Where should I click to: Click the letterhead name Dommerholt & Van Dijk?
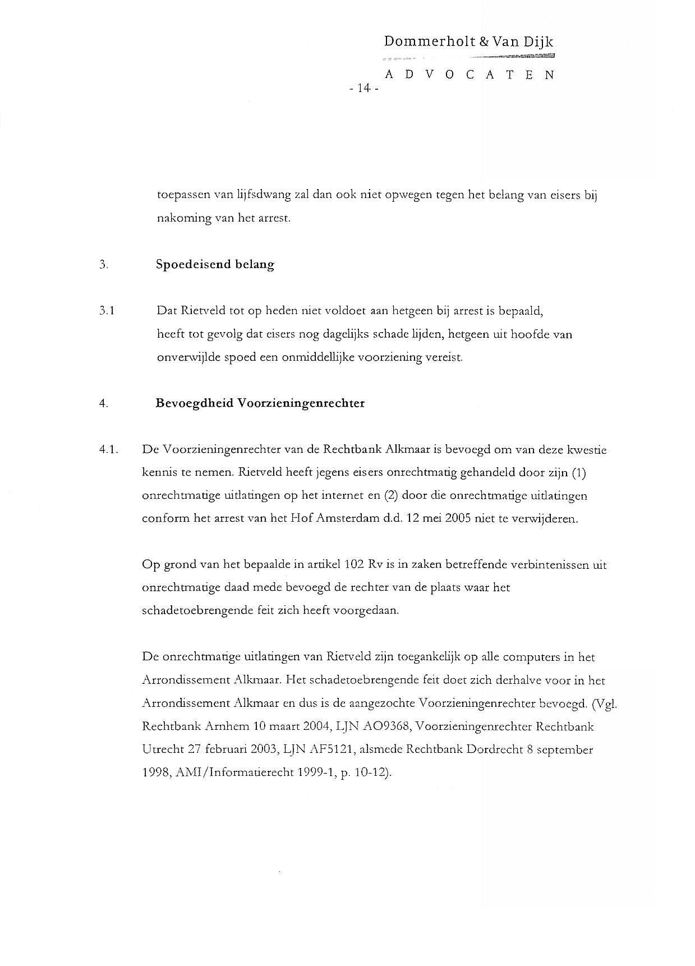[x=469, y=42]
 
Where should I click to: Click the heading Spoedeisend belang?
[x=215, y=264]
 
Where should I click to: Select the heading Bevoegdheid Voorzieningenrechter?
[x=260, y=403]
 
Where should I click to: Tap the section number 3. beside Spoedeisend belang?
[x=103, y=264]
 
